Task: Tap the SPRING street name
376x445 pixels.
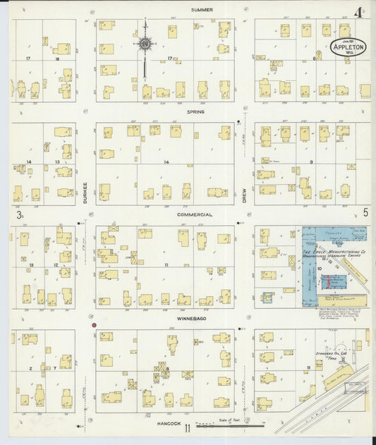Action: [195, 111]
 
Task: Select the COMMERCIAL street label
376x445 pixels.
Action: [195, 214]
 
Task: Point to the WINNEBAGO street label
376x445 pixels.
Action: [195, 318]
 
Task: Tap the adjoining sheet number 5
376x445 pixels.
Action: [365, 212]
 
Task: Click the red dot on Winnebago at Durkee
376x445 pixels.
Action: [84, 325]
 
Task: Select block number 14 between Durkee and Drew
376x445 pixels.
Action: [166, 162]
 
